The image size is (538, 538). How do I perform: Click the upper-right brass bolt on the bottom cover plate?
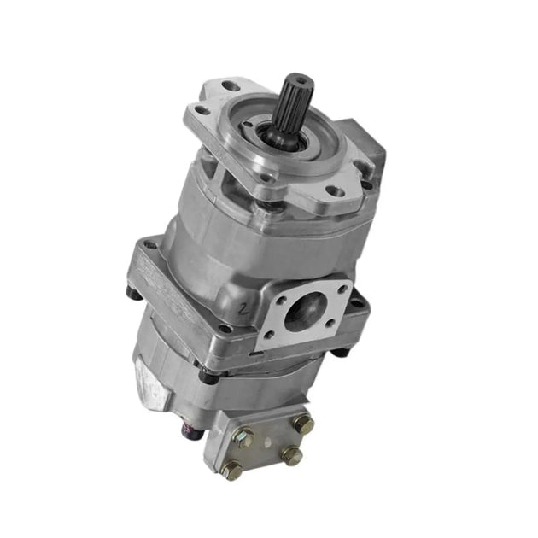click(304, 424)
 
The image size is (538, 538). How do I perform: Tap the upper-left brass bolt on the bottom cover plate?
click(245, 441)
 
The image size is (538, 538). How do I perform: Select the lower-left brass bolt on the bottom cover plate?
click(230, 469)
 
